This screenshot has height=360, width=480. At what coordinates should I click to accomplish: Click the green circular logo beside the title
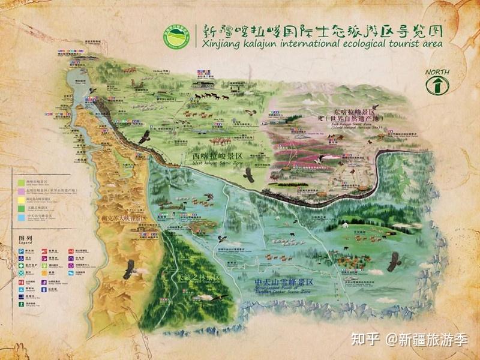[x=177, y=36]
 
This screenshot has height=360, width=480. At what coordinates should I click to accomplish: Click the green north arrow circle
[x=437, y=86]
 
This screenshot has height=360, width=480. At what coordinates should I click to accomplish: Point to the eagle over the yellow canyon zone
[x=128, y=269]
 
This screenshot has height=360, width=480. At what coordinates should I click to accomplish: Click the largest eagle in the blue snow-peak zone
[x=394, y=262]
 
